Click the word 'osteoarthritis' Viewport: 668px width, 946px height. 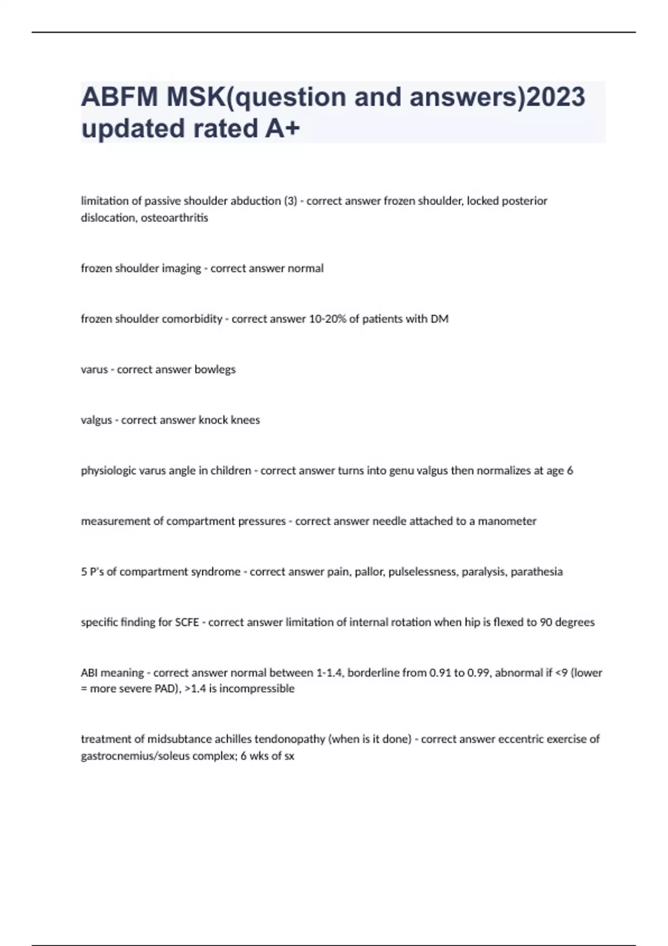174,218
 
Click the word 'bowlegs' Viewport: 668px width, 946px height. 215,369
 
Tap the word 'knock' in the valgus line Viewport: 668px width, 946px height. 213,420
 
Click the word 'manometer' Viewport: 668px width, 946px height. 507,521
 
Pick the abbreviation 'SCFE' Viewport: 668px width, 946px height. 186,622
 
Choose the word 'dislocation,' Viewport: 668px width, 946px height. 109,218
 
